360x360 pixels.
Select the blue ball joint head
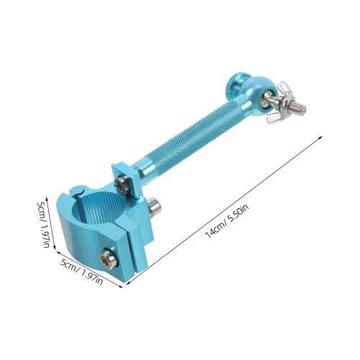tap(259, 96)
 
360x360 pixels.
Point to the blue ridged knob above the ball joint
tap(237, 84)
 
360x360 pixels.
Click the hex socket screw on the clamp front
tap(108, 258)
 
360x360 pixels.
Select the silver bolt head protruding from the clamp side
tap(154, 207)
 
